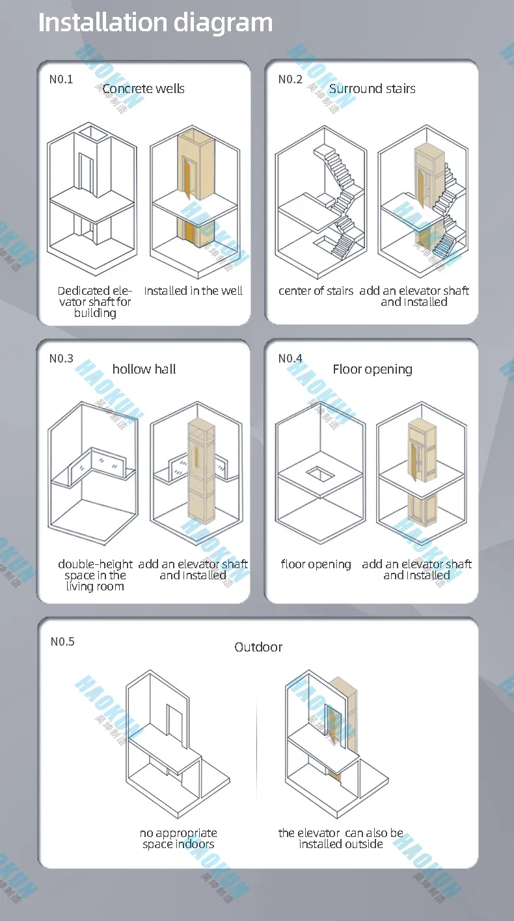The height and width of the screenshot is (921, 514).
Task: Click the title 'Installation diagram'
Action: click(156, 23)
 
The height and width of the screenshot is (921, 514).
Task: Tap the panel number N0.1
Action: click(61, 79)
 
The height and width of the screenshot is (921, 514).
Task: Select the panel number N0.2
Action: click(290, 79)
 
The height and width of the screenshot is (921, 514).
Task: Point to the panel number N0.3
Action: click(61, 359)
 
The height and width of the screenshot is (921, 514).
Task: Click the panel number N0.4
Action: click(290, 359)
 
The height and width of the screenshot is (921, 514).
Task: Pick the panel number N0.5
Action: click(62, 642)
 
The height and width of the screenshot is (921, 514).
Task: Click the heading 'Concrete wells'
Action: click(143, 89)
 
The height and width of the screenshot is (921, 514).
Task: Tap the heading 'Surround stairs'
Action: click(372, 89)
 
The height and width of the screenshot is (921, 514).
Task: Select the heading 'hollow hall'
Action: click(144, 369)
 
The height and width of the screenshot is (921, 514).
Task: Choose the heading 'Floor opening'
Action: click(372, 369)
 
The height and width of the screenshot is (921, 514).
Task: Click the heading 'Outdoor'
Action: click(258, 647)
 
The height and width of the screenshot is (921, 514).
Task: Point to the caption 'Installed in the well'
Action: click(193, 291)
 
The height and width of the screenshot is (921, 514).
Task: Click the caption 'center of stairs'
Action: click(316, 291)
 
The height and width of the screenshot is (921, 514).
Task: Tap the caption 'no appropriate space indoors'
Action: click(178, 838)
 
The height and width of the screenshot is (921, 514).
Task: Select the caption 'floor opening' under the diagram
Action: click(316, 564)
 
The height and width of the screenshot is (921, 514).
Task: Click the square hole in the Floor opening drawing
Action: click(319, 472)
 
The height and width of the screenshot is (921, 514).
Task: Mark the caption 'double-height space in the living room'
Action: click(95, 575)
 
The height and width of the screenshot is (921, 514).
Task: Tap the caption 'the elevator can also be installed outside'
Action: click(341, 838)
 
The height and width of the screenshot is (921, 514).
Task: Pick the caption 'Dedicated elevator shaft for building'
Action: click(95, 302)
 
